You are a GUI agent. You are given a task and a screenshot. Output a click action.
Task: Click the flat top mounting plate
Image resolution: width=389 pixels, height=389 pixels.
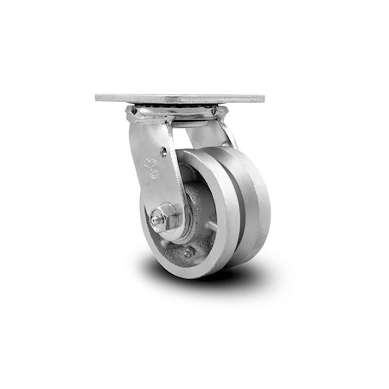point(180,99)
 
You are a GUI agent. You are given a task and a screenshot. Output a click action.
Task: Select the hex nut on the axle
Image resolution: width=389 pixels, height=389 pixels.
point(166,216)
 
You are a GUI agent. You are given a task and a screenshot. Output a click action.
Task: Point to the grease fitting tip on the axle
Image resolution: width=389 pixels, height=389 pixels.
point(150,221)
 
